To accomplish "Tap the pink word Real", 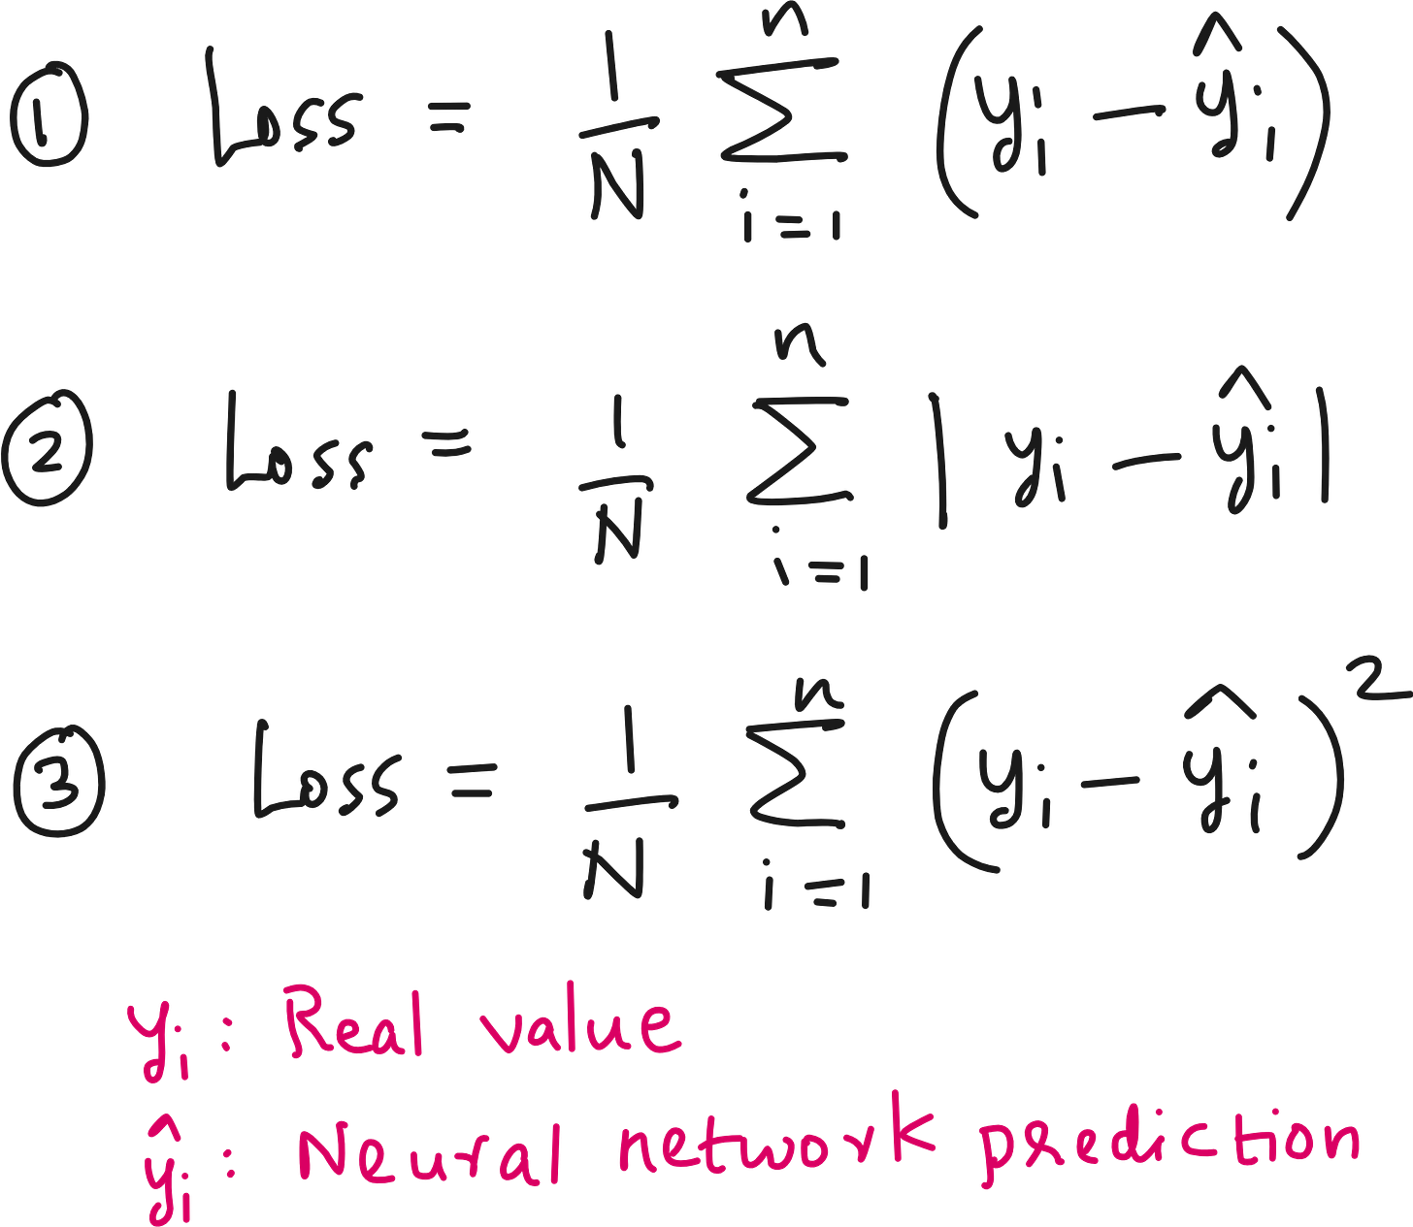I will (x=354, y=1022).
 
